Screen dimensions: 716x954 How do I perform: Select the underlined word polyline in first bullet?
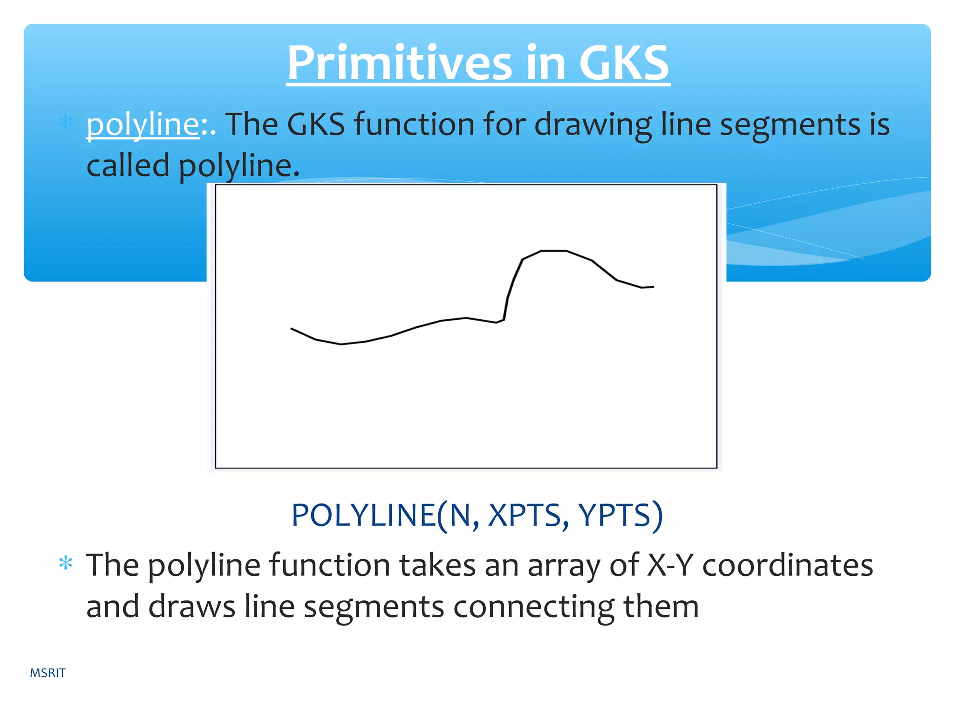click(x=143, y=125)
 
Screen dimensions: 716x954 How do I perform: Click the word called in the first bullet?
click(x=128, y=166)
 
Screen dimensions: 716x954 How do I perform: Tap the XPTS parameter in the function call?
click(x=525, y=515)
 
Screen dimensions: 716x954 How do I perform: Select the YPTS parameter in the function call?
click(x=614, y=515)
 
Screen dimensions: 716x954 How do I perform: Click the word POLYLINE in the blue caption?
click(x=363, y=515)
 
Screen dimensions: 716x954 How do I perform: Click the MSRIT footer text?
click(x=48, y=673)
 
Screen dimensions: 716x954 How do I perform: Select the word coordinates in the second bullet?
click(x=787, y=565)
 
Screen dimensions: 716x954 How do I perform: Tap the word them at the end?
click(x=661, y=606)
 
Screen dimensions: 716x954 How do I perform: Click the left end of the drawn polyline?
click(x=292, y=329)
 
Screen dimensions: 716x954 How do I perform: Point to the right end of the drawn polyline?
click(x=653, y=287)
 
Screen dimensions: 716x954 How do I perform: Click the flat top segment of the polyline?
click(x=554, y=251)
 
